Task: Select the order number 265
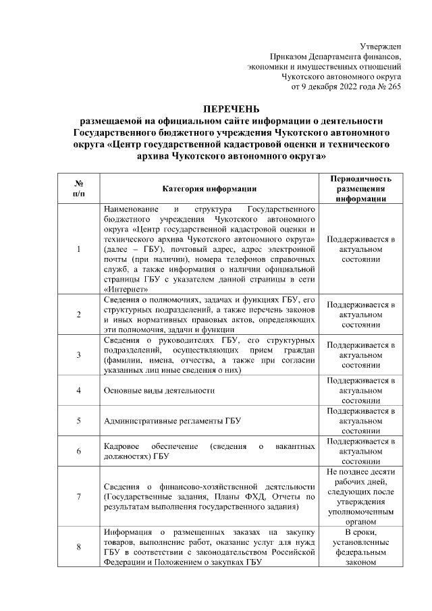tap(393, 87)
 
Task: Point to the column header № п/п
tap(78, 188)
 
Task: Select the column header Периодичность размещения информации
tap(358, 188)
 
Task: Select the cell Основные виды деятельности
tap(159, 390)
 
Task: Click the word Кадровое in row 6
tap(122, 446)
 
